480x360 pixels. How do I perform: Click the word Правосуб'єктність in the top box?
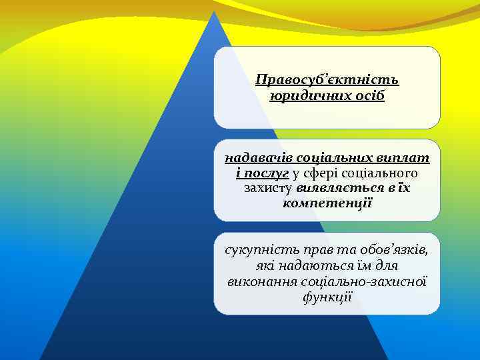pyautogui.click(x=327, y=81)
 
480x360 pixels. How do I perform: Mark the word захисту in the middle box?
pyautogui.click(x=269, y=189)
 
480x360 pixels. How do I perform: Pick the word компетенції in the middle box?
pyautogui.click(x=327, y=203)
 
